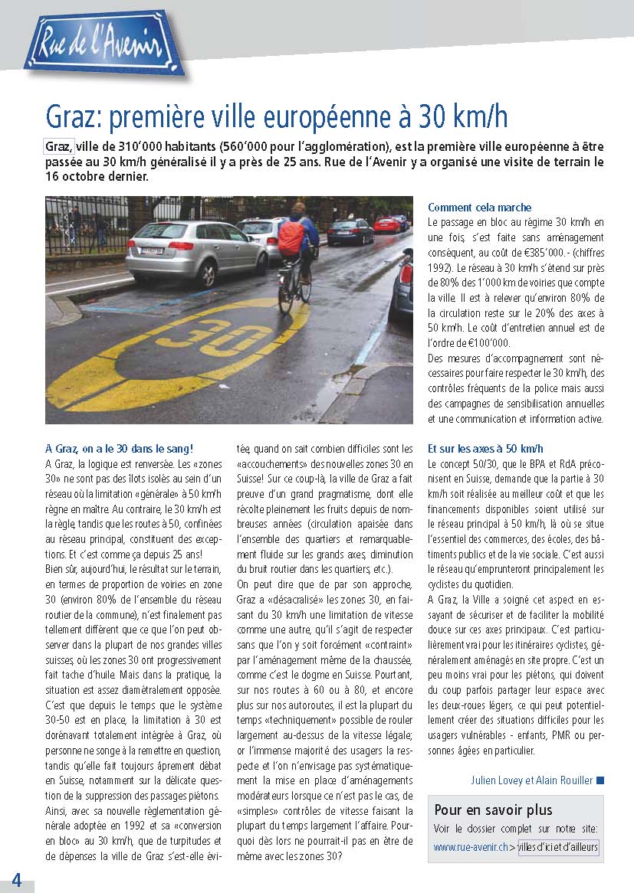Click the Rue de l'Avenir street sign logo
(x=100, y=44)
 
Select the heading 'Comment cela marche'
(x=479, y=208)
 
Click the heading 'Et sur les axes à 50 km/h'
(x=485, y=449)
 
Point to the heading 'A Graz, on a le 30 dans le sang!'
(x=119, y=449)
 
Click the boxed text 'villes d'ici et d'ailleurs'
(x=558, y=847)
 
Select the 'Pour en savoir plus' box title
(x=493, y=810)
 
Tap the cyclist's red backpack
(x=291, y=237)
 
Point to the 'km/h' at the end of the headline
(x=479, y=117)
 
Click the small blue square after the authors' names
(x=600, y=780)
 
